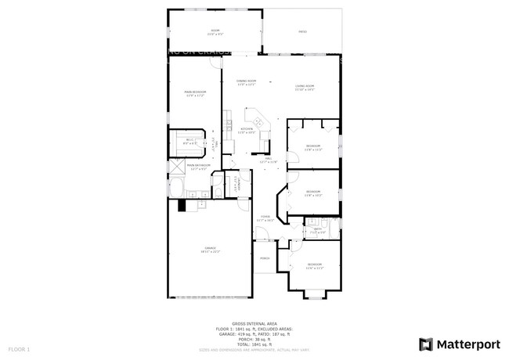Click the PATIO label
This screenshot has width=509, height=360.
[302, 32]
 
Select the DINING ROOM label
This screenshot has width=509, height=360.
[247, 82]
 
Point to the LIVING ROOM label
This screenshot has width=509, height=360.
[304, 87]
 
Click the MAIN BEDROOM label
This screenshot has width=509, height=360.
[195, 93]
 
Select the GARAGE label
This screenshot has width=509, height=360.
[211, 250]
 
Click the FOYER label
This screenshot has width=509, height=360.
[265, 219]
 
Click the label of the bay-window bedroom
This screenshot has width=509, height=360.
[314, 265]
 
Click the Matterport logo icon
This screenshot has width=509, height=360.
[426, 344]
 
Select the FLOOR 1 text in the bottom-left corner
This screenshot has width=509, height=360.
[19, 348]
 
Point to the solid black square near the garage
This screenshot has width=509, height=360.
[182, 205]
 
